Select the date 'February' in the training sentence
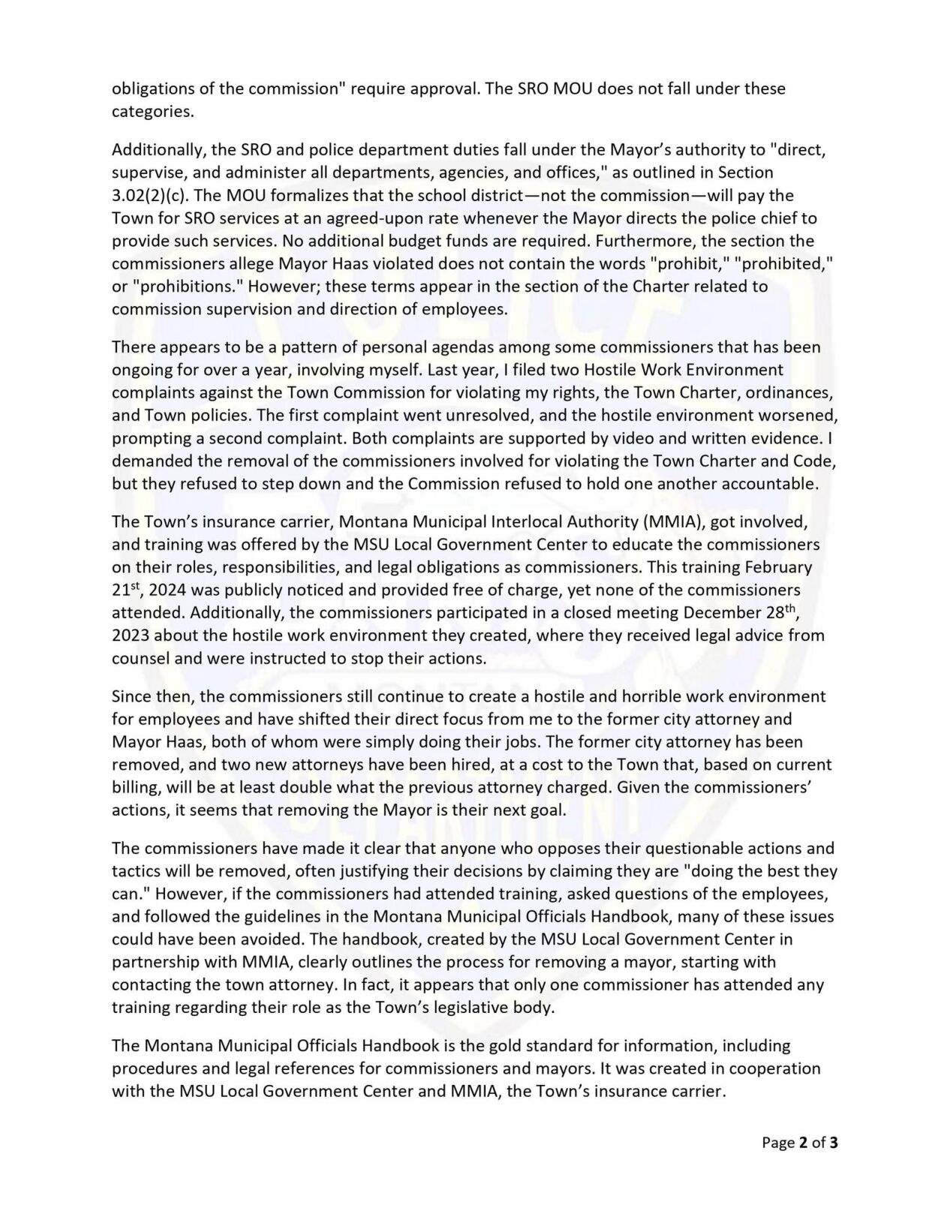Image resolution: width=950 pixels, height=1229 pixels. pyautogui.click(x=776, y=566)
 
